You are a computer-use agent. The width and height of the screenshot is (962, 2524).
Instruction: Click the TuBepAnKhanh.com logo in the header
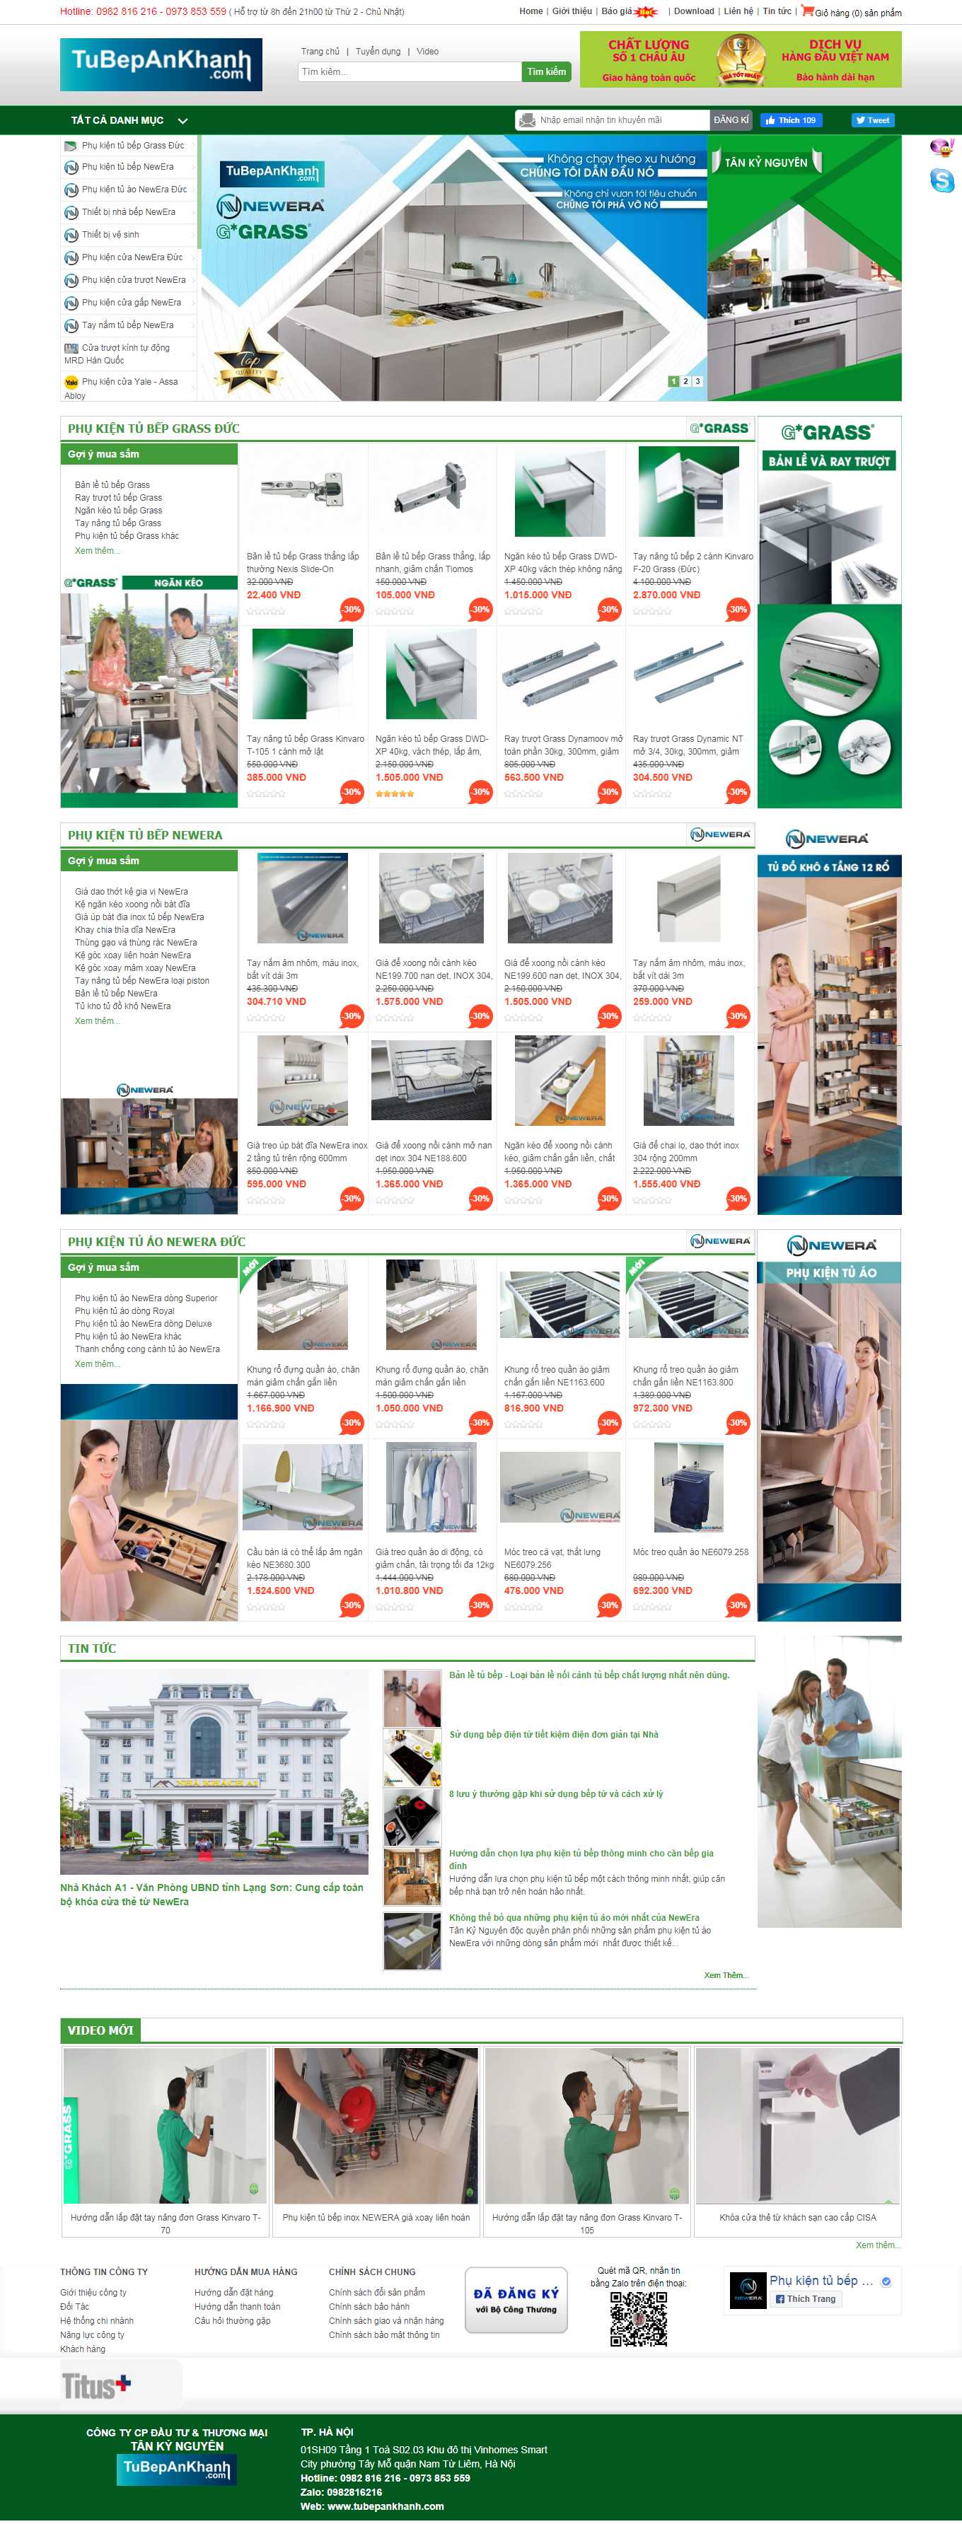click(x=161, y=64)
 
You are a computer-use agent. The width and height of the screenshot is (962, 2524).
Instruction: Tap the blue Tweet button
click(x=872, y=120)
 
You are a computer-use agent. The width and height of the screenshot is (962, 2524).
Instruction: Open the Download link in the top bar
click(x=694, y=12)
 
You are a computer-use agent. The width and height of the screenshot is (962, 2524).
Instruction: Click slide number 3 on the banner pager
click(x=697, y=381)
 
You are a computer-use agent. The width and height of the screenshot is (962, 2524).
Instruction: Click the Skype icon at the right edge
click(x=941, y=180)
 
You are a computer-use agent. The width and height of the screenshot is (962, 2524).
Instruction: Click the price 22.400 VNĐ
click(x=273, y=595)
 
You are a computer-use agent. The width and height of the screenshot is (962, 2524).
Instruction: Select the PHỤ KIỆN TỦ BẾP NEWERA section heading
click(x=145, y=834)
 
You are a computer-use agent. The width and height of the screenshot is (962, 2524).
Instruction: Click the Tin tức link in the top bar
click(x=777, y=12)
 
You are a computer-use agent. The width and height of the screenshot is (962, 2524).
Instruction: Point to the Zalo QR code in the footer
click(x=639, y=2318)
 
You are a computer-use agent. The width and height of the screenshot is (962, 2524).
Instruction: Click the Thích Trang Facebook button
click(x=806, y=2298)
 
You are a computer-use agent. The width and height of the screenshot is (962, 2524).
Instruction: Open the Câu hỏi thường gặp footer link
click(x=232, y=2320)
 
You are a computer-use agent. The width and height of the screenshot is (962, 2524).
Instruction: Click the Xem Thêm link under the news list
click(x=725, y=1975)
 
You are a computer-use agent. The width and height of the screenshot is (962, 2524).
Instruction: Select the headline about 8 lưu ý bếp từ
click(x=555, y=1794)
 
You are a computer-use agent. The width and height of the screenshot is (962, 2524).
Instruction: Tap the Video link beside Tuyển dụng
click(x=427, y=51)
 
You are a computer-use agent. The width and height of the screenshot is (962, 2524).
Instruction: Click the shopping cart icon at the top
click(x=807, y=11)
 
